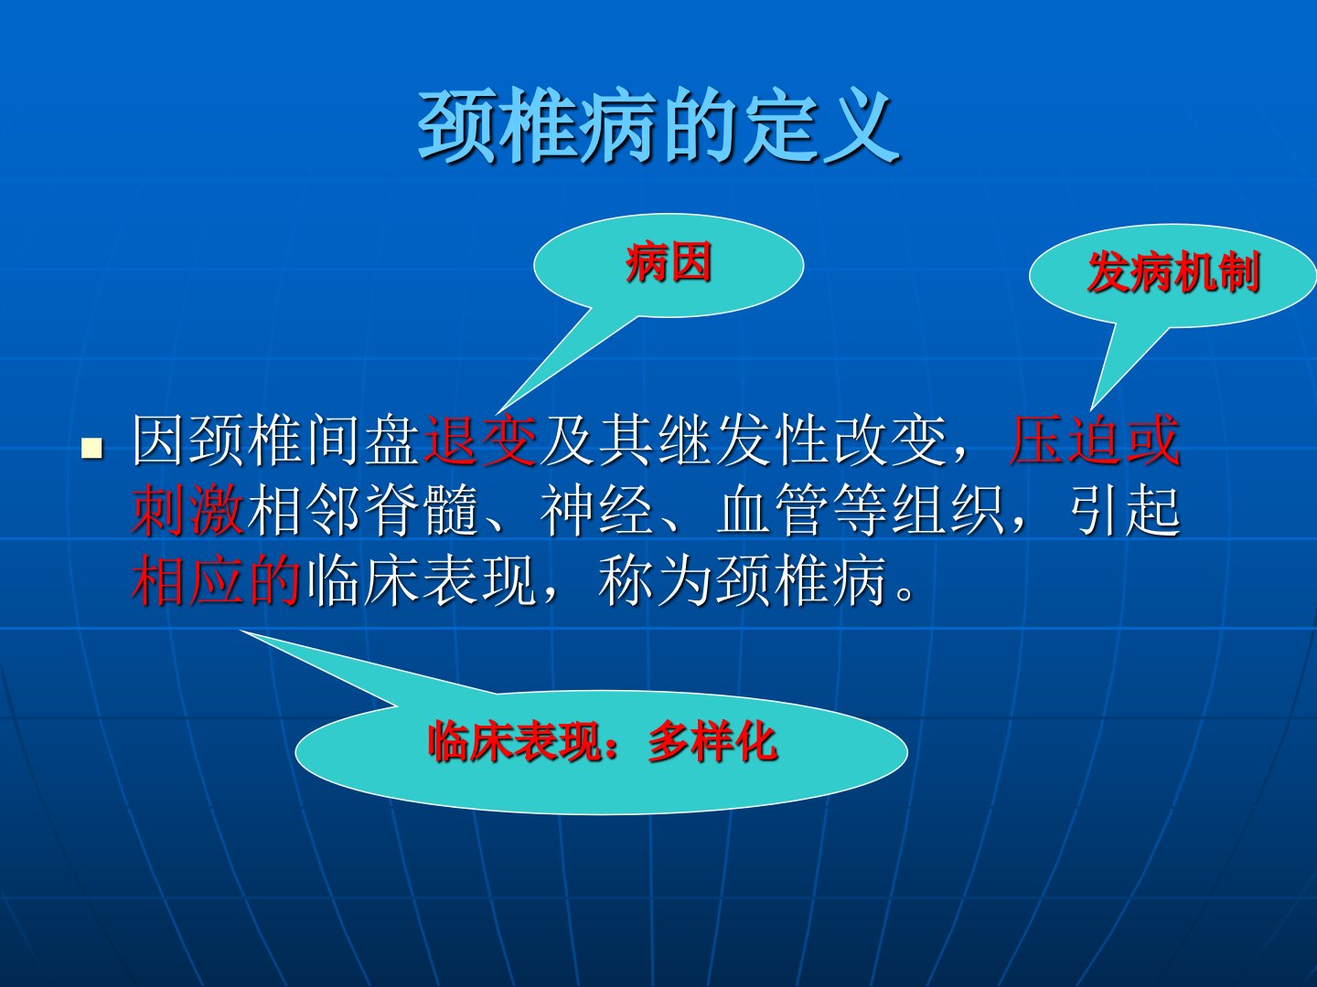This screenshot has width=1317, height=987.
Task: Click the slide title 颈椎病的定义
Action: click(x=658, y=125)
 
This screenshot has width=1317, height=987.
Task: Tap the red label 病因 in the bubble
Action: click(x=669, y=262)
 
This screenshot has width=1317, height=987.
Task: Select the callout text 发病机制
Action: click(x=1173, y=272)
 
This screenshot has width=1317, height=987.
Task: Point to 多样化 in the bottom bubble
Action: click(x=712, y=742)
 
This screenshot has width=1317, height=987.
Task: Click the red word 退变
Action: click(x=480, y=440)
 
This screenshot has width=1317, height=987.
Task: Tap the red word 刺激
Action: click(x=187, y=510)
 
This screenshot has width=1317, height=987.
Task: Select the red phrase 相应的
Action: click(x=216, y=580)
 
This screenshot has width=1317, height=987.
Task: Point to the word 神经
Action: click(x=596, y=510)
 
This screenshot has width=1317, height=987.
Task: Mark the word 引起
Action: click(x=1126, y=510)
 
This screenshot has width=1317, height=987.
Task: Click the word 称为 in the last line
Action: click(x=655, y=580)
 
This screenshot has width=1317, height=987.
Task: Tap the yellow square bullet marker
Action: click(x=91, y=448)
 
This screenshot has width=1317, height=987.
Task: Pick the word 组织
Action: click(x=948, y=510)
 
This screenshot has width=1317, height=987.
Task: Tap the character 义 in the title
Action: click(x=861, y=125)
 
